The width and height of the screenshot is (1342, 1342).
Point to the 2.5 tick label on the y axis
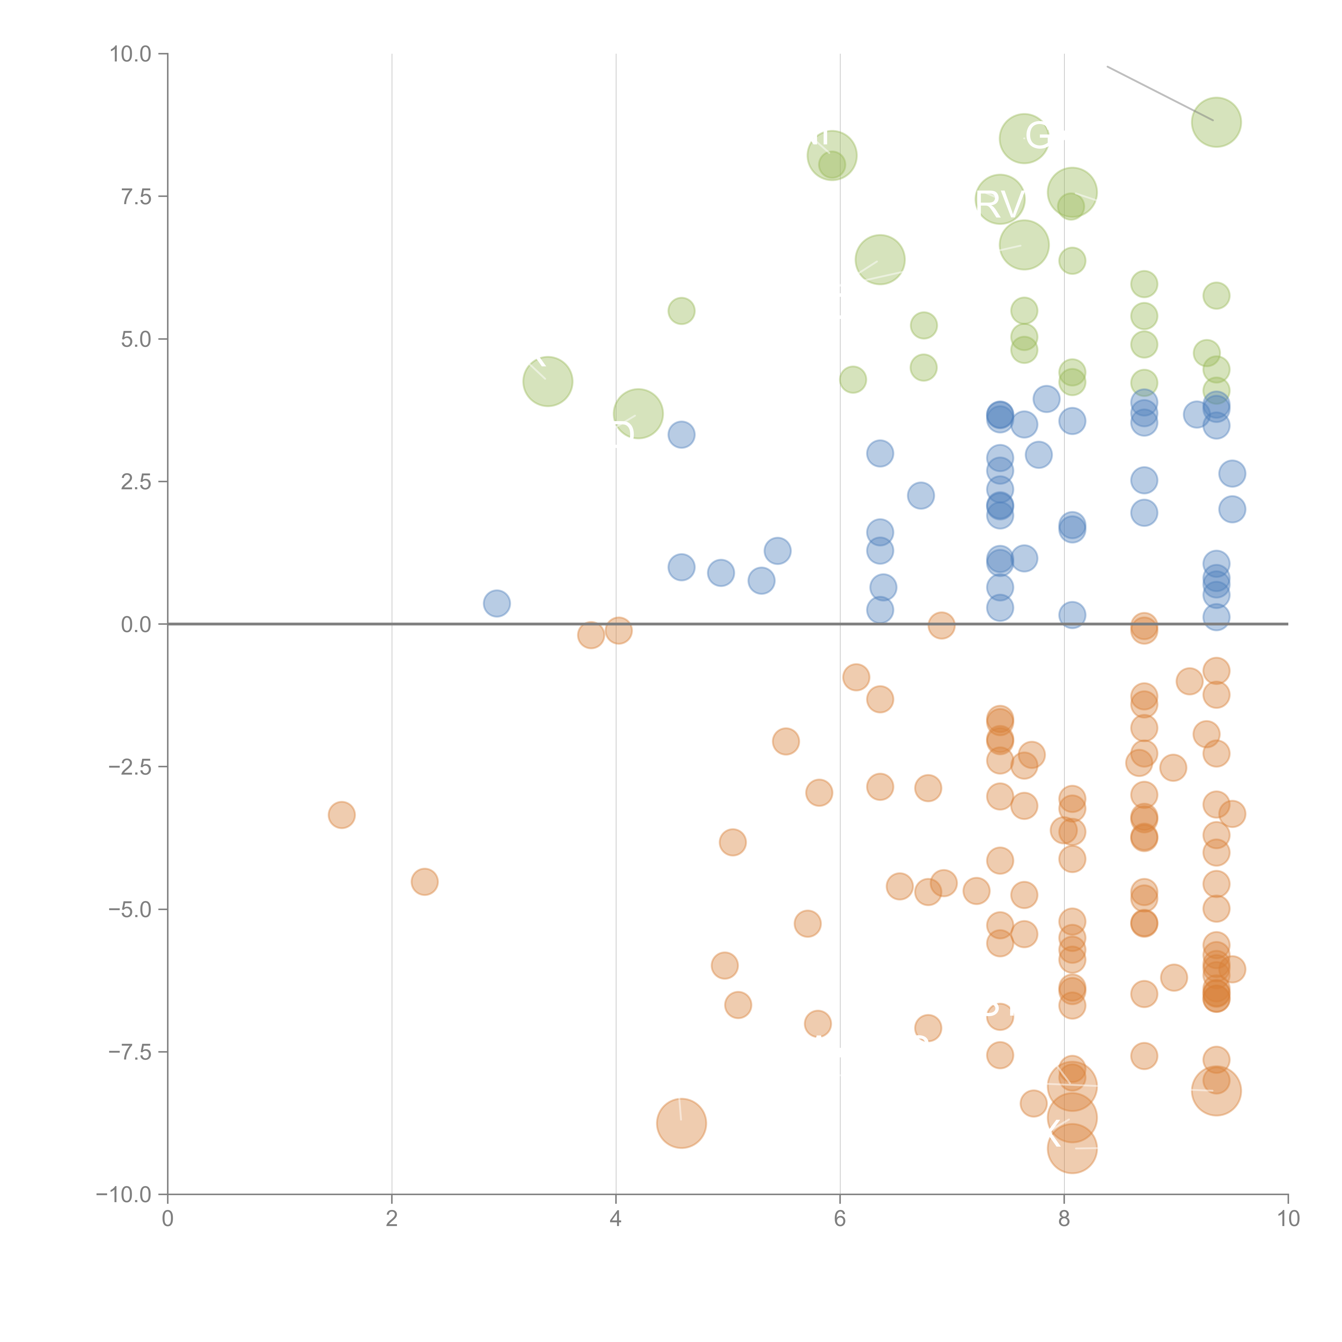[136, 481]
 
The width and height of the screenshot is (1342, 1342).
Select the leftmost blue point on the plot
[497, 603]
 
